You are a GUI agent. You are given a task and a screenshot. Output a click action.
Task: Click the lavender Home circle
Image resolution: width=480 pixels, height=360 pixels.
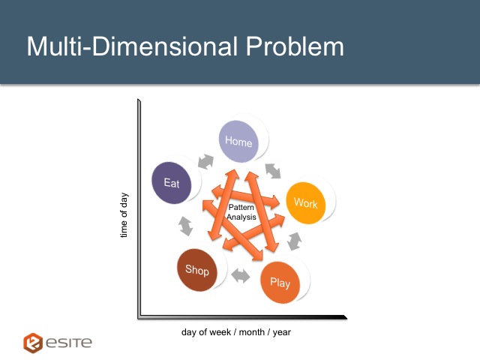click(x=238, y=141)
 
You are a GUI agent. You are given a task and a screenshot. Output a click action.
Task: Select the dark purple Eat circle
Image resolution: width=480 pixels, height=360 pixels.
click(x=172, y=183)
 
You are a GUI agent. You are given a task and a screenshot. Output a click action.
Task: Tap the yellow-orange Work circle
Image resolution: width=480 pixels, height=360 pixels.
click(x=305, y=203)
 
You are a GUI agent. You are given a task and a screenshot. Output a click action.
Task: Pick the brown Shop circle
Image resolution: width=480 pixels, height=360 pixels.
click(x=197, y=270)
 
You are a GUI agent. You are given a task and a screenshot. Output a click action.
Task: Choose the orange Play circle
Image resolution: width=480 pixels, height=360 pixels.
click(x=280, y=282)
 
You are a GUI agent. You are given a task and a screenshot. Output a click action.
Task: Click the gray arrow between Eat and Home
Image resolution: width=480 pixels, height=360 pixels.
click(x=205, y=161)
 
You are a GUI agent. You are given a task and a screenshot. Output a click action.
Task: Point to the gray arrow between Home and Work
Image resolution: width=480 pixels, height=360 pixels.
click(x=273, y=171)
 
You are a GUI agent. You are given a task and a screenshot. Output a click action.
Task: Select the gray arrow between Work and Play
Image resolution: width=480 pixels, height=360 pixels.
click(x=295, y=241)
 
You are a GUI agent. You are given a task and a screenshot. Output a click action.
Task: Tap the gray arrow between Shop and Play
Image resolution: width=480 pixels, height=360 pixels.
click(x=241, y=276)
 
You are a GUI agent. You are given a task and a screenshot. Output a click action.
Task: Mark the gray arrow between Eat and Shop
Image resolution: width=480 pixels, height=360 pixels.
click(x=185, y=226)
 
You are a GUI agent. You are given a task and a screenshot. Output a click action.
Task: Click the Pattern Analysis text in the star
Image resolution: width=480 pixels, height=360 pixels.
click(x=241, y=212)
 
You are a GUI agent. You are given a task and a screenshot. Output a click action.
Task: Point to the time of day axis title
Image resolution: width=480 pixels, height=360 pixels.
click(x=124, y=215)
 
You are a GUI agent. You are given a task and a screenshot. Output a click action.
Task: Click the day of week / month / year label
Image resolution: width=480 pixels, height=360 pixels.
click(x=236, y=332)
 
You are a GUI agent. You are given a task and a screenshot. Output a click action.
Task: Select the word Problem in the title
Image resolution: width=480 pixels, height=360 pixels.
click(x=295, y=46)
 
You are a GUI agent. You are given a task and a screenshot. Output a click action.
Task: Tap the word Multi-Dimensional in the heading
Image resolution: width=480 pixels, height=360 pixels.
click(x=132, y=46)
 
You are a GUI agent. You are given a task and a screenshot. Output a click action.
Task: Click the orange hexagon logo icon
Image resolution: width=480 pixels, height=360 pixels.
click(x=33, y=343)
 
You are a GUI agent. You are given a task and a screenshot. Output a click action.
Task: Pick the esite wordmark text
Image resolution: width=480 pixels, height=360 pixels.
click(x=69, y=343)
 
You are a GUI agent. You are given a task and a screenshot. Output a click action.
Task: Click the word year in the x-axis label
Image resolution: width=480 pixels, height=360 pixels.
click(x=282, y=333)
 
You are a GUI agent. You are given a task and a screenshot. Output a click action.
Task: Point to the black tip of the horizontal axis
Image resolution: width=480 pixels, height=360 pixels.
click(x=346, y=317)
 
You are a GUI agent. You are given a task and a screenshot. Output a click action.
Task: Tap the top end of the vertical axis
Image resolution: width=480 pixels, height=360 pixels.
click(x=139, y=100)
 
